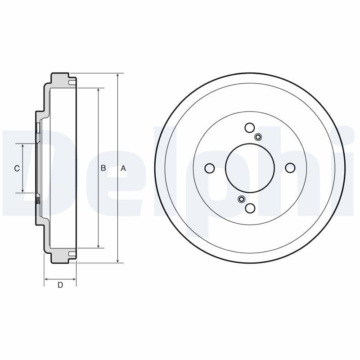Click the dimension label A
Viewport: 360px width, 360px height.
point(123,168)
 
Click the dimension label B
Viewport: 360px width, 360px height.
point(103,168)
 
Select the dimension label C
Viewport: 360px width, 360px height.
point(17,168)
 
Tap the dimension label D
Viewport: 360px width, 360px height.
point(60,285)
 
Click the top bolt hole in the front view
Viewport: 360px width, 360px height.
point(250,128)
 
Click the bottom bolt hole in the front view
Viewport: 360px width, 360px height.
point(250,208)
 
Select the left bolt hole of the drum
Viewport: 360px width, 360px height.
point(209,168)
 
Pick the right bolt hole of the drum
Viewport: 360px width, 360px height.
point(290,168)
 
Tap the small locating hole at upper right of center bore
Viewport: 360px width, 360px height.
point(258,137)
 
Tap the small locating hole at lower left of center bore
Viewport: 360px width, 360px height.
point(241,199)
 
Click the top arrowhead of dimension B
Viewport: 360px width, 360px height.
point(98,90)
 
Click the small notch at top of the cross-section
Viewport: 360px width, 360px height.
point(72,82)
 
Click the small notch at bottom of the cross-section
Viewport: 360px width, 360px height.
point(72,255)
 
